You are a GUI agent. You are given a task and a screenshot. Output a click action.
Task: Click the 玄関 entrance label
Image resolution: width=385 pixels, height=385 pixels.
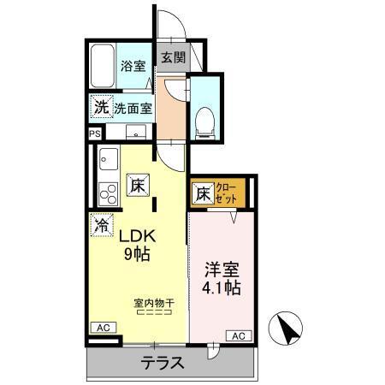point(172,58)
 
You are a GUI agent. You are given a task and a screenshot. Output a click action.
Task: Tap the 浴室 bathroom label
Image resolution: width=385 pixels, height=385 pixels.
point(133,66)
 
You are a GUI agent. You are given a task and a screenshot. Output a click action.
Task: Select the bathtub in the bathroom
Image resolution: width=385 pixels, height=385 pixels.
point(103,66)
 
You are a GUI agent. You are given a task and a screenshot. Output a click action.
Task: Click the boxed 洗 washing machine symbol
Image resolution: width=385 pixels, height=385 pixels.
point(101,108)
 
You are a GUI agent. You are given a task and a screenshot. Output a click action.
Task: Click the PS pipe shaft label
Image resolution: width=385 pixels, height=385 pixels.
point(94,133)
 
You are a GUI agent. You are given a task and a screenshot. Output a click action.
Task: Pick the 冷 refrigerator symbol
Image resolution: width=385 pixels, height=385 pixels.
point(101,227)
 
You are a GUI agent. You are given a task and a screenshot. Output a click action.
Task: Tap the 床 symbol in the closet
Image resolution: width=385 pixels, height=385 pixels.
point(203,194)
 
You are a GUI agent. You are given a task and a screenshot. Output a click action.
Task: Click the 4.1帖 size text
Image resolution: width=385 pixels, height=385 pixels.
point(222,288)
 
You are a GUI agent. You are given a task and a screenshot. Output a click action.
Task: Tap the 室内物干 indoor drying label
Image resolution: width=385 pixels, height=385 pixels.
point(153,302)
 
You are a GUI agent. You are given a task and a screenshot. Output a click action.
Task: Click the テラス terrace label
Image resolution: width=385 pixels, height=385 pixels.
point(163,362)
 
